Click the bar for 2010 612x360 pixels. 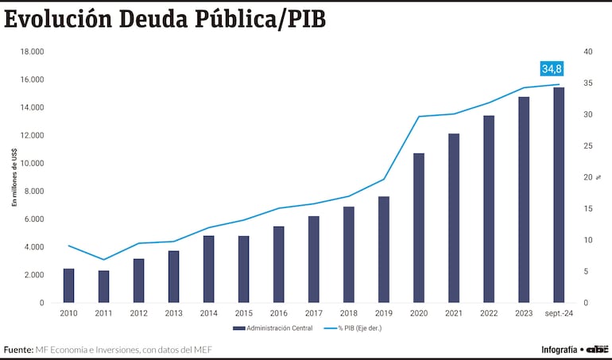(69, 285)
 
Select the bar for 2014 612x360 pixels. (208, 269)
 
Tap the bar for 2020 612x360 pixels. (419, 227)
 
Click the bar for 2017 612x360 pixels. (313, 259)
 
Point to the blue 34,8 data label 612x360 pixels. (552, 68)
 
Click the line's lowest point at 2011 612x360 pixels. (104, 259)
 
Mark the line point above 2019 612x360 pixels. (384, 179)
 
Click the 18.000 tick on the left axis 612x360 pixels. (32, 52)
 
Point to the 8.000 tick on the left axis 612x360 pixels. (33, 192)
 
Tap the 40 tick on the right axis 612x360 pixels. (588, 52)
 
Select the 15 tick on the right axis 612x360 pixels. (588, 209)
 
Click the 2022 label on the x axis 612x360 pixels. (489, 313)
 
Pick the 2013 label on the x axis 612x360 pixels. (174, 313)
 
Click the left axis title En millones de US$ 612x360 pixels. (14, 178)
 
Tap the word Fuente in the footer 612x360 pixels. (17, 349)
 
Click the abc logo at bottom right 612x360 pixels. (598, 349)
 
